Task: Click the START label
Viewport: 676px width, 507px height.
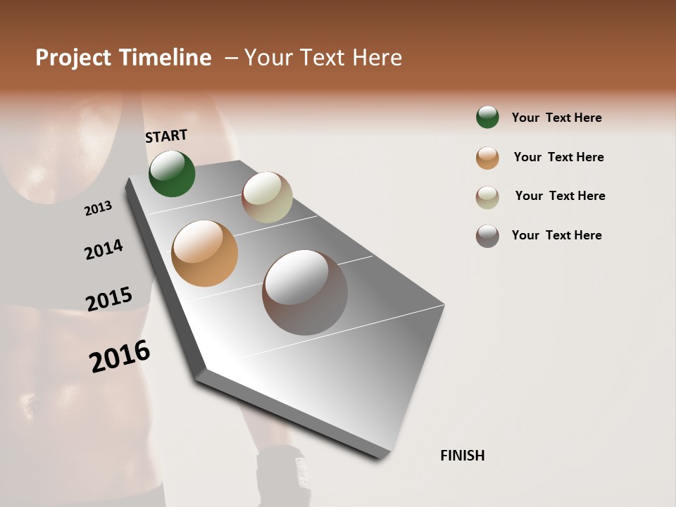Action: (166, 136)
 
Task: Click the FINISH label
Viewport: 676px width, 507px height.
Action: (462, 456)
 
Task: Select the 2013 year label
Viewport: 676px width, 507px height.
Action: (99, 208)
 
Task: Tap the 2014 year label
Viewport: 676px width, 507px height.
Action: (104, 249)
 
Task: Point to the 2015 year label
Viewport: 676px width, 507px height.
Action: (109, 299)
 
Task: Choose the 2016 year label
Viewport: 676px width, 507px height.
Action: (120, 356)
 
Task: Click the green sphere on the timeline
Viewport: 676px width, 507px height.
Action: (172, 173)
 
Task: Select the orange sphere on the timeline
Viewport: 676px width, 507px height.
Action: (205, 254)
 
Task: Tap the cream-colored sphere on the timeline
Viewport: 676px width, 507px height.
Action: (267, 197)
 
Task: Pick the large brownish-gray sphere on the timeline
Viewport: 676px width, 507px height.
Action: (305, 292)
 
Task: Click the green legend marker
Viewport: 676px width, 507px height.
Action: (487, 117)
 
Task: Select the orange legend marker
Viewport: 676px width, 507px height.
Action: (487, 158)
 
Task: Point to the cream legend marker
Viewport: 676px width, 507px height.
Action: (487, 197)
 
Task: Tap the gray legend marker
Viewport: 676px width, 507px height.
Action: (487, 236)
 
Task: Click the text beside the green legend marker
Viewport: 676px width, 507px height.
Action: (556, 118)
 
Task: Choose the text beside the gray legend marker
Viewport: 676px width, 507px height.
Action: (556, 235)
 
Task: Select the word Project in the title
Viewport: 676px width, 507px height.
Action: (73, 58)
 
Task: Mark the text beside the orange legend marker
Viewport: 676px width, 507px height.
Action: (558, 157)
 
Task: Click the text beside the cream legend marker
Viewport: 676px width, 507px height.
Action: (560, 196)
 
